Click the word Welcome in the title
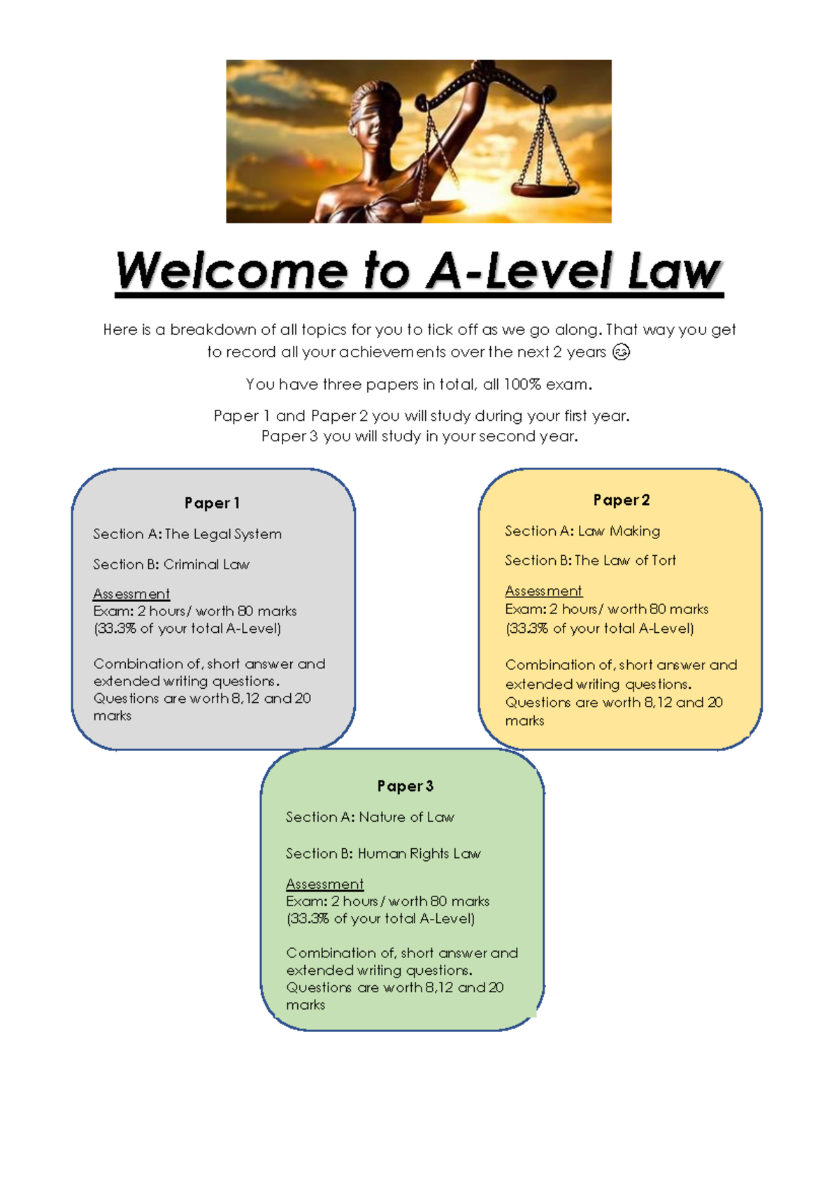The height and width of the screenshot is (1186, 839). [x=231, y=271]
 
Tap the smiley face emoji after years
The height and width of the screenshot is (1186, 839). [x=621, y=352]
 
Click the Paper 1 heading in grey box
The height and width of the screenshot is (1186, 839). [x=212, y=503]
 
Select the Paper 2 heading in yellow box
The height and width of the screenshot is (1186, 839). [x=621, y=500]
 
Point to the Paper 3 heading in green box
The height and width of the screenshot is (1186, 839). [x=405, y=786]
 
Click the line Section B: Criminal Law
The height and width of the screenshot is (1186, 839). [x=171, y=564]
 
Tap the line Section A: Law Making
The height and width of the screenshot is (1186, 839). [x=582, y=531]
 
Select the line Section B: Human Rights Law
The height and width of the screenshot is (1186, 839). [x=383, y=853]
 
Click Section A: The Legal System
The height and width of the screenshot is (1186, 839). [x=187, y=534]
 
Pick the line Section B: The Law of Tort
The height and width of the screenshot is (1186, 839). [x=590, y=560]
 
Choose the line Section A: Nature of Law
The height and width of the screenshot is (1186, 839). [x=370, y=817]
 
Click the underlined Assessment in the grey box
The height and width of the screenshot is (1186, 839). [x=131, y=594]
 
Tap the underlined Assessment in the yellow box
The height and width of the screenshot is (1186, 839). [x=543, y=591]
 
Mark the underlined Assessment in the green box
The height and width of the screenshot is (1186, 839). [x=324, y=884]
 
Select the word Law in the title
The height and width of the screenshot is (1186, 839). [x=673, y=271]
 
